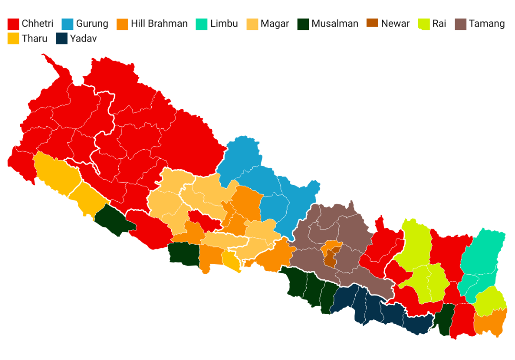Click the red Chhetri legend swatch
coord(13,24)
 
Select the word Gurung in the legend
coord(92,24)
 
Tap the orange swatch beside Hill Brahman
coord(124,24)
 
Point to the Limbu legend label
coord(224,24)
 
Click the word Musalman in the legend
coord(335,24)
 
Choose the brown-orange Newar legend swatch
coord(372,24)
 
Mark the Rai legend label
coord(439,24)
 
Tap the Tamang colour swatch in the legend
coord(461,24)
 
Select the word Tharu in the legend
coord(35,39)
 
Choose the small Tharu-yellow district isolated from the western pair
coord(231,261)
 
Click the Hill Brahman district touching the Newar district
coord(330,247)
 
